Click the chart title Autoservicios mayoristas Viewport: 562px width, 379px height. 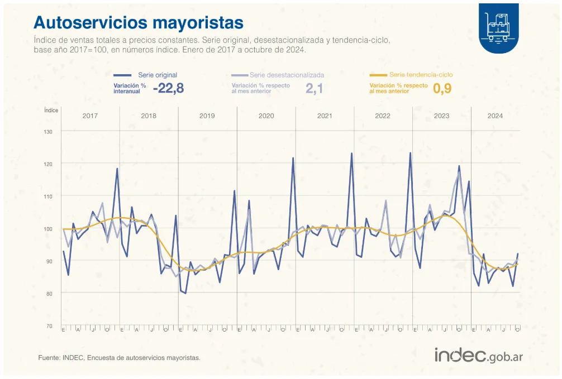(139, 22)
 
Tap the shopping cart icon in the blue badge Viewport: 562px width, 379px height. (498, 27)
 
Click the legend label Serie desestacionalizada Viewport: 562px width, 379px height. (287, 75)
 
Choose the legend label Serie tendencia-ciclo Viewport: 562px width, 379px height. (421, 75)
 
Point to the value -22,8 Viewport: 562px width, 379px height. (168, 88)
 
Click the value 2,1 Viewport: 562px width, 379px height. (315, 88)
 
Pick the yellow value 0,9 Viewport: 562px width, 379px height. (442, 88)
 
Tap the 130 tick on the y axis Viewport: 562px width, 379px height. (48, 132)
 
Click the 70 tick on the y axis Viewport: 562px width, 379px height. (49, 326)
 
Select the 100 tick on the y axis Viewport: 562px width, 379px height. (48, 229)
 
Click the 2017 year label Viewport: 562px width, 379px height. (91, 116)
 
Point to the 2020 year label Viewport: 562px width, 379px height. (266, 116)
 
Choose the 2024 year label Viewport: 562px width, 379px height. (495, 116)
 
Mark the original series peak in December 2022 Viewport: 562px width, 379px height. (410, 153)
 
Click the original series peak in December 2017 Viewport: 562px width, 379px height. (117, 169)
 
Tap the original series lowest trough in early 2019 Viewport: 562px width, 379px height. (185, 293)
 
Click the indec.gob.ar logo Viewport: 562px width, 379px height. (478, 356)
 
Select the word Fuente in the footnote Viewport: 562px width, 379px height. (48, 358)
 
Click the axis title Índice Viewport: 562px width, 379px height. (51, 110)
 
